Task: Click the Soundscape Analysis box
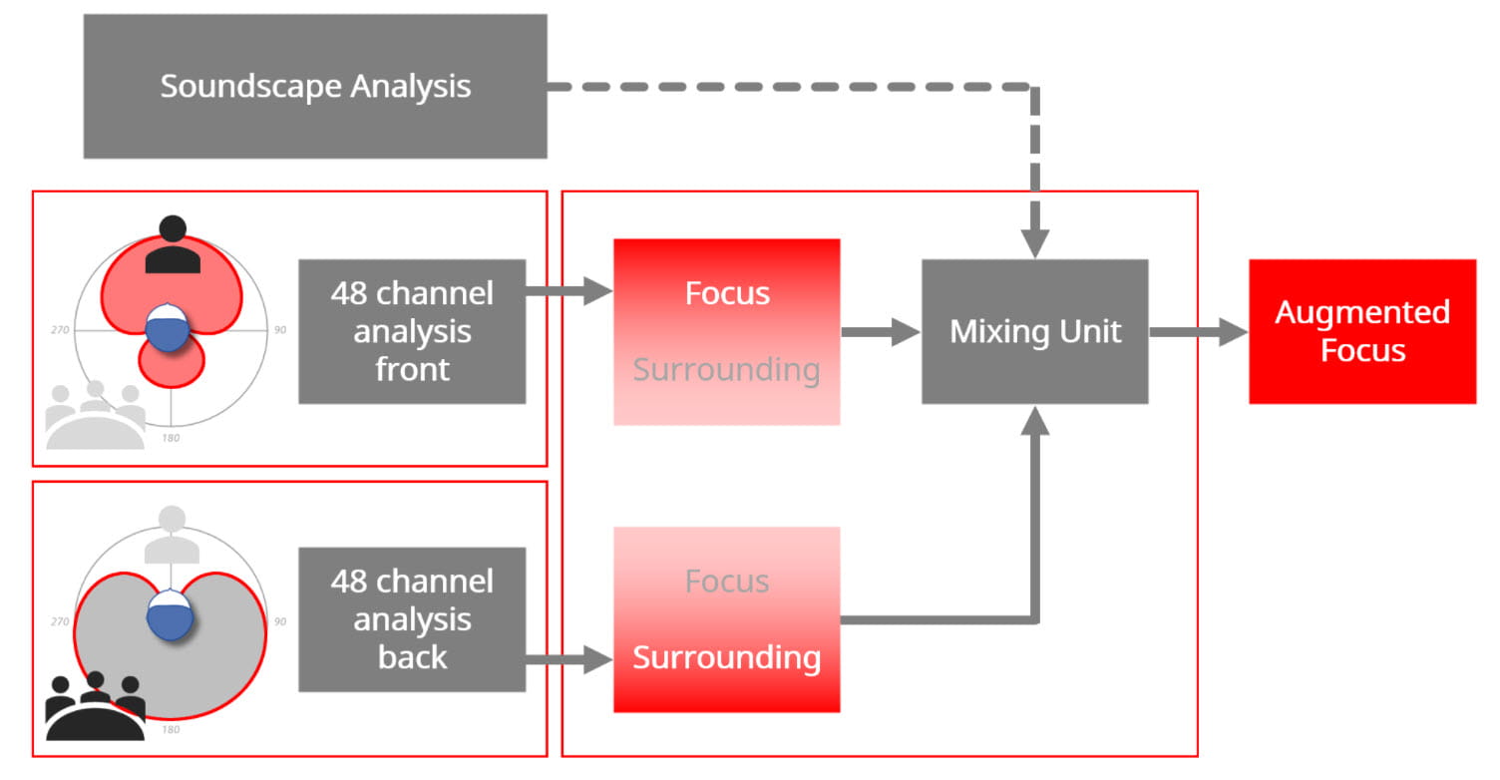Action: click(315, 86)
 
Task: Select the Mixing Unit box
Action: click(1034, 331)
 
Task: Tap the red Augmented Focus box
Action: click(1361, 331)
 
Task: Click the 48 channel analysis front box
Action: click(412, 331)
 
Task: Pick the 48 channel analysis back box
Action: click(412, 618)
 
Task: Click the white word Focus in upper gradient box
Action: click(727, 293)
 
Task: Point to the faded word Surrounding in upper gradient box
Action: click(727, 369)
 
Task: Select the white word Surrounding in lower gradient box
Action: click(727, 657)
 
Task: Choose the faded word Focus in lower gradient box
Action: click(727, 582)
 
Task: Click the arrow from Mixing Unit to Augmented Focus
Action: click(1197, 332)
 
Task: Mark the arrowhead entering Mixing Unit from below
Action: click(1035, 421)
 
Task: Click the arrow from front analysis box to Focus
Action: click(568, 292)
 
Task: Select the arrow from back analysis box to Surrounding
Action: click(568, 658)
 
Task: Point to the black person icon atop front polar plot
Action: click(173, 245)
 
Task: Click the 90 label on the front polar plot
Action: click(280, 329)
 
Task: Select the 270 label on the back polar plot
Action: click(60, 621)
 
